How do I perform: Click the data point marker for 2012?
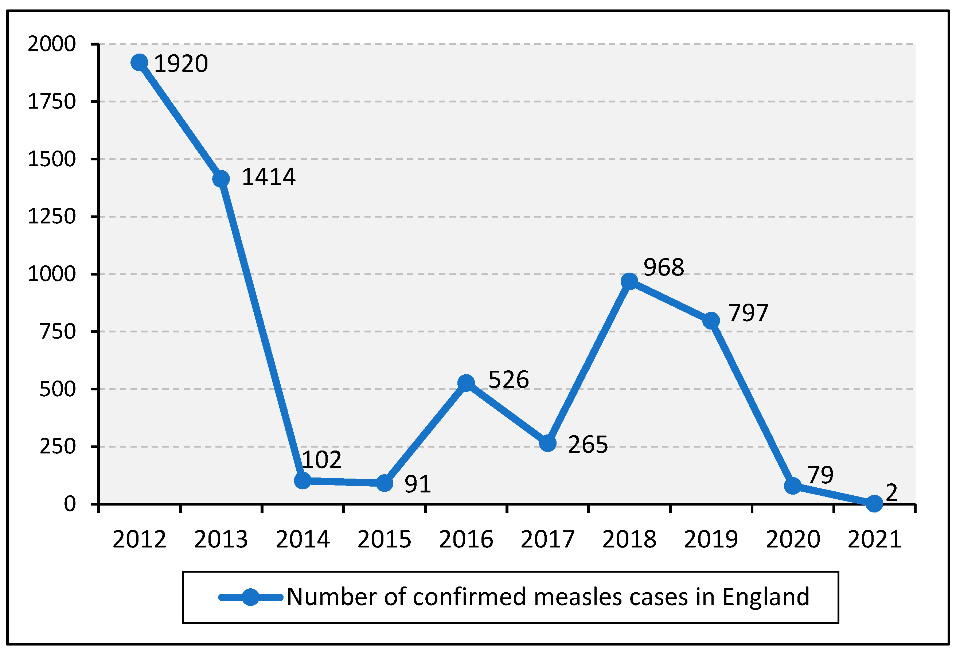(x=140, y=63)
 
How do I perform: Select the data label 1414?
(x=268, y=177)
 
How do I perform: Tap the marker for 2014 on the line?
(x=303, y=480)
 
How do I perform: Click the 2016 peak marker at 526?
(x=466, y=383)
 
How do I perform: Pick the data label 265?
(x=588, y=445)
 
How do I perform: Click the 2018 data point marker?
(x=629, y=281)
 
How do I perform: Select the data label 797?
(x=748, y=313)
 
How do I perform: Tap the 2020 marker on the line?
(x=793, y=486)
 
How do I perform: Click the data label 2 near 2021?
(x=891, y=492)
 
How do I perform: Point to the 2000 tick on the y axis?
(x=52, y=44)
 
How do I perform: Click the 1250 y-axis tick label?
(x=52, y=217)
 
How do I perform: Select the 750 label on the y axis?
(x=58, y=332)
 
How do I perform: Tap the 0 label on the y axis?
(x=70, y=504)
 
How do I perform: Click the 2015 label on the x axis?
(x=384, y=539)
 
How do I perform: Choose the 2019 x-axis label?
(x=711, y=539)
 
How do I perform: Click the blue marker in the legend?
(x=250, y=597)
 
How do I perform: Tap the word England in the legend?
(x=766, y=597)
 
